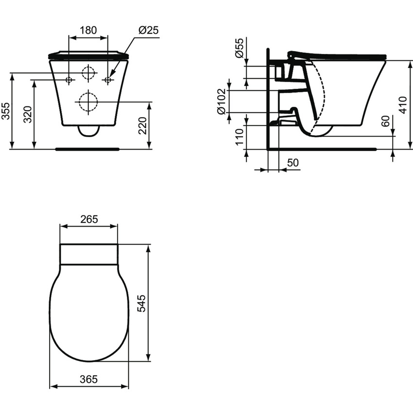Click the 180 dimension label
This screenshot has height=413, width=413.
(x=88, y=30)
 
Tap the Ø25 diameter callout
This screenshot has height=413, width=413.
(x=149, y=30)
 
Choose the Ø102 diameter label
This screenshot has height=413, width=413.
(x=221, y=102)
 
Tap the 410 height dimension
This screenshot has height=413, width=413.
(x=402, y=104)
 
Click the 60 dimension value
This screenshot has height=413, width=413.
(x=385, y=121)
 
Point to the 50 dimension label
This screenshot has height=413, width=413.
(x=293, y=163)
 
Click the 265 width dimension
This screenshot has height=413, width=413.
(x=88, y=219)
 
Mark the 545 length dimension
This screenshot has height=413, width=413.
(x=141, y=304)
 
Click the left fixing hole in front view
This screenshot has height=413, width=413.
(x=69, y=79)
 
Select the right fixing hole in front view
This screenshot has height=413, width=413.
(x=108, y=79)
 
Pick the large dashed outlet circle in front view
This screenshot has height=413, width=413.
(x=88, y=102)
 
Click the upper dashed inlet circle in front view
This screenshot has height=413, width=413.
(x=88, y=72)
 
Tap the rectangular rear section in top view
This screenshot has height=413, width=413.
(x=88, y=254)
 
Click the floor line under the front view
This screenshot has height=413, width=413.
(x=88, y=149)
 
